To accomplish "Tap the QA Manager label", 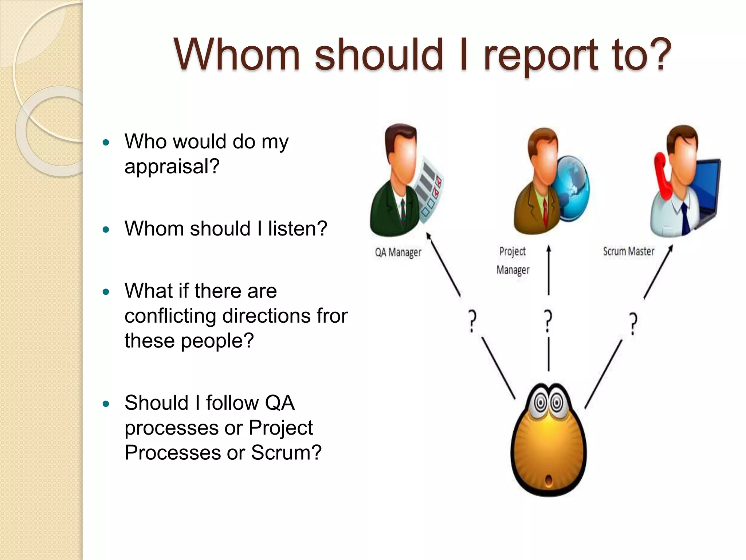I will click(398, 252).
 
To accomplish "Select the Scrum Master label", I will click(628, 251).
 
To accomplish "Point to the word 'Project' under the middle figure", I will click(512, 251).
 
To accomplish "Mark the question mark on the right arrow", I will click(633, 323).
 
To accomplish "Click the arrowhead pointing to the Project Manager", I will click(549, 249).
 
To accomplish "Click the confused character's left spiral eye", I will click(541, 403).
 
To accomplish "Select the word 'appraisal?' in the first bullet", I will click(172, 167).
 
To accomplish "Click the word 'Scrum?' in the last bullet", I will click(286, 452).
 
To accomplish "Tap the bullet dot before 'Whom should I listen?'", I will click(106, 229).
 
